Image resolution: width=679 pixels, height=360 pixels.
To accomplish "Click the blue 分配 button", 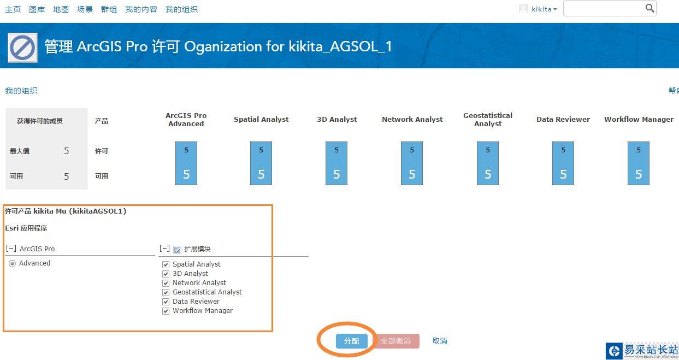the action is [x=351, y=341].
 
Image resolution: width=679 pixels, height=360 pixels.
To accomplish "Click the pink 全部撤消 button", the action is [x=395, y=341].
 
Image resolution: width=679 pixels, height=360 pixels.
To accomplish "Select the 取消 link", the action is [x=440, y=341].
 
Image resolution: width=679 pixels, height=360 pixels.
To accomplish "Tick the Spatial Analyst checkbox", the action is [x=166, y=264].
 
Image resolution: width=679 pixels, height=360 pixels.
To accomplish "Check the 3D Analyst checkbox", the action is [x=166, y=274].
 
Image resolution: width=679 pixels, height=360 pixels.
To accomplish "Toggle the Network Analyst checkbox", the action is [x=166, y=283].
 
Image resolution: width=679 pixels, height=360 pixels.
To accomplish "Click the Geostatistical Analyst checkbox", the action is [x=166, y=292].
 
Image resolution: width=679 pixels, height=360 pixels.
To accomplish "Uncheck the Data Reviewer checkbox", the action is [x=166, y=302].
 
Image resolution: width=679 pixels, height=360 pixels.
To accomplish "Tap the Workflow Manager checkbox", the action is [x=166, y=311].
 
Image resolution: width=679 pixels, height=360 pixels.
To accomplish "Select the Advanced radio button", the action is [x=12, y=264].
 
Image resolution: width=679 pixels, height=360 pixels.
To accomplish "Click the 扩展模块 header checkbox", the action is [x=177, y=250].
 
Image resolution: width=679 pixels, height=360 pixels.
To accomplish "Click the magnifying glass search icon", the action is [x=650, y=8].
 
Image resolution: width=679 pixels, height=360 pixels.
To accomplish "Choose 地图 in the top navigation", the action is [x=61, y=9].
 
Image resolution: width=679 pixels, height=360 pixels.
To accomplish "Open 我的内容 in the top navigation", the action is [x=141, y=9].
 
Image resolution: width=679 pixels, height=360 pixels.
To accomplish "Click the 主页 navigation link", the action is [x=13, y=9].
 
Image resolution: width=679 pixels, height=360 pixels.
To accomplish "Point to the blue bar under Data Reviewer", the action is [x=563, y=163].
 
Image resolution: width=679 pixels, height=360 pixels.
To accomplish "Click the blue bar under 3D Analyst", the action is [x=336, y=163].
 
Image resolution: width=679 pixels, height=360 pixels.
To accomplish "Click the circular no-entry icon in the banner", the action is [x=23, y=48].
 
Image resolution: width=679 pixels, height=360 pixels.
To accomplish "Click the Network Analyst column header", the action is [x=412, y=120].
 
